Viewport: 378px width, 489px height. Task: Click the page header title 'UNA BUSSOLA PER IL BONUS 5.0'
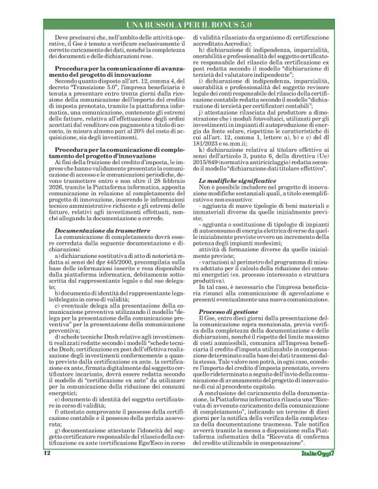pos(189,7)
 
